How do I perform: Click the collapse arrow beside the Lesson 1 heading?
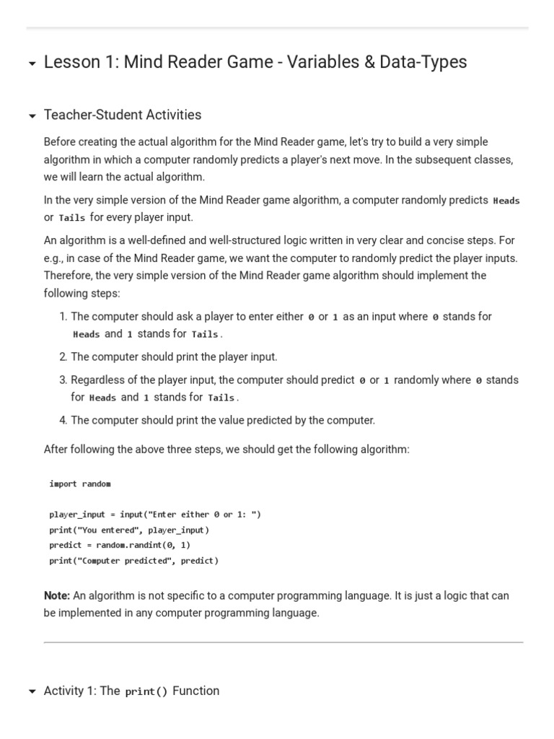(x=32, y=64)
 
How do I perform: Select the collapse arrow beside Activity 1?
(x=32, y=692)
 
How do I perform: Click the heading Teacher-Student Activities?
(x=123, y=115)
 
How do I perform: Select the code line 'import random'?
(x=80, y=484)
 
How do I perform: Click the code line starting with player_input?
(x=155, y=515)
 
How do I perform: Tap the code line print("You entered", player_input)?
(x=129, y=530)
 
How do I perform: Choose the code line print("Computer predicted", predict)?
(x=133, y=561)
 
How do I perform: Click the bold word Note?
(x=57, y=595)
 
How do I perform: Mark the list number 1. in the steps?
(x=63, y=316)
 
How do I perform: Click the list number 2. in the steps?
(x=63, y=357)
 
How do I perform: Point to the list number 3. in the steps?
(x=63, y=380)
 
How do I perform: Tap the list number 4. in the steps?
(x=63, y=420)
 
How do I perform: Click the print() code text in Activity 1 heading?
(x=146, y=691)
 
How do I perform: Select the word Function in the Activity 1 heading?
(x=196, y=691)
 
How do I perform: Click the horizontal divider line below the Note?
(x=283, y=642)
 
